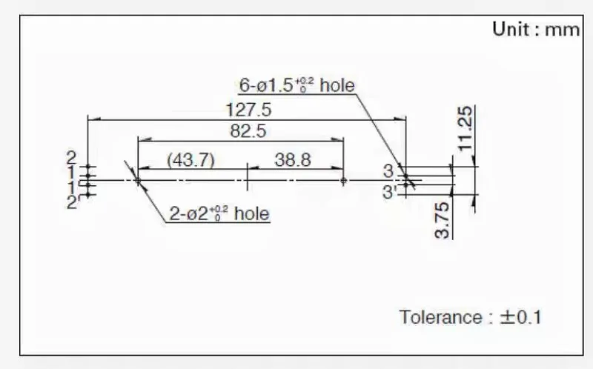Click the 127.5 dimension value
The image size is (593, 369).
click(248, 110)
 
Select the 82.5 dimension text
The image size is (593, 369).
click(248, 131)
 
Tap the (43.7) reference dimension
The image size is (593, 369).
click(191, 160)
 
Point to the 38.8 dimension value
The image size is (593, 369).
click(293, 160)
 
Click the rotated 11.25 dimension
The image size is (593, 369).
click(466, 128)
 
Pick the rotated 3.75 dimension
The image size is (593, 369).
click(443, 220)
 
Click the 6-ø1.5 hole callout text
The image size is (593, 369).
click(297, 85)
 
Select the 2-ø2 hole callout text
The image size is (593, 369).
click(219, 213)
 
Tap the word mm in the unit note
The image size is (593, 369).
click(563, 30)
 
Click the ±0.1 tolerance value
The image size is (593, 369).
click(521, 317)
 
